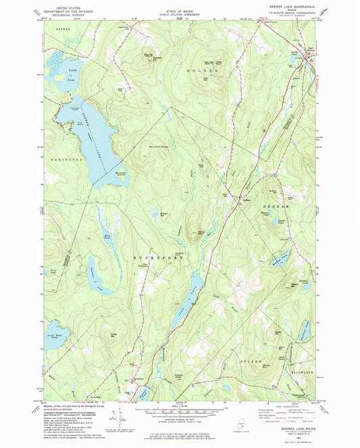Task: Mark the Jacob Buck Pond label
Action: [57, 336]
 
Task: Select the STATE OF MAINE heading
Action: [179, 5]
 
